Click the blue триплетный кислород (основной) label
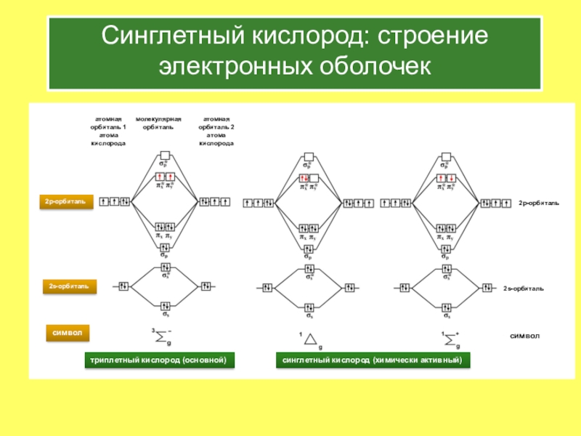click(159, 360)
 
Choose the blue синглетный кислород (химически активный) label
click(372, 360)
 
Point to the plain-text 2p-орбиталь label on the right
click(538, 203)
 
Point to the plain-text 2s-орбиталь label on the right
click(523, 288)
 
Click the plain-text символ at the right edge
click(524, 336)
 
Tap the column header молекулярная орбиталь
click(158, 122)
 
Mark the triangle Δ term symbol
click(309, 339)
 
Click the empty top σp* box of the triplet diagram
click(166, 156)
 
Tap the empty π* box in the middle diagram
click(314, 178)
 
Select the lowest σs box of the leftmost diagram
click(166, 306)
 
